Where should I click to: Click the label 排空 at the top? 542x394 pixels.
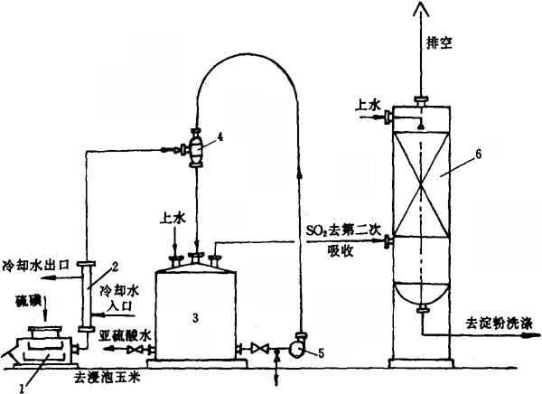pos(439,43)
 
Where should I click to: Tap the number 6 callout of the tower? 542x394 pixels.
pos(478,155)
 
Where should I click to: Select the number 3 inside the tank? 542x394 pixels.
pos(196,317)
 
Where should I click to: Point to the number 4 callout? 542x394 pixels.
pos(220,137)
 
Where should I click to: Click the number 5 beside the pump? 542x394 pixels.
pos(321,353)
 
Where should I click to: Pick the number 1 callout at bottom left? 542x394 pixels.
pos(22,389)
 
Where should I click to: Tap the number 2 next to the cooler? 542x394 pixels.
pos(115,267)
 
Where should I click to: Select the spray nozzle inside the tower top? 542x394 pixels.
pos(421,126)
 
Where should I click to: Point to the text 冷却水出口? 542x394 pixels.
pos(36,266)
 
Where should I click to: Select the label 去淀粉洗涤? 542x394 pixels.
pos(500,324)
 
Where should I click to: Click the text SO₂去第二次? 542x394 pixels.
pos(343,230)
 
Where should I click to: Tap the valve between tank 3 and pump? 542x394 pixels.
pos(260,348)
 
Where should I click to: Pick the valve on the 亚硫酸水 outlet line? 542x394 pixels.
pos(135,350)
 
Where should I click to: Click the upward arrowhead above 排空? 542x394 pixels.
pos(421,7)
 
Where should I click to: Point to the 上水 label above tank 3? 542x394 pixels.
pos(173,219)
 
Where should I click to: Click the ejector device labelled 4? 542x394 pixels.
pos(196,148)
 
